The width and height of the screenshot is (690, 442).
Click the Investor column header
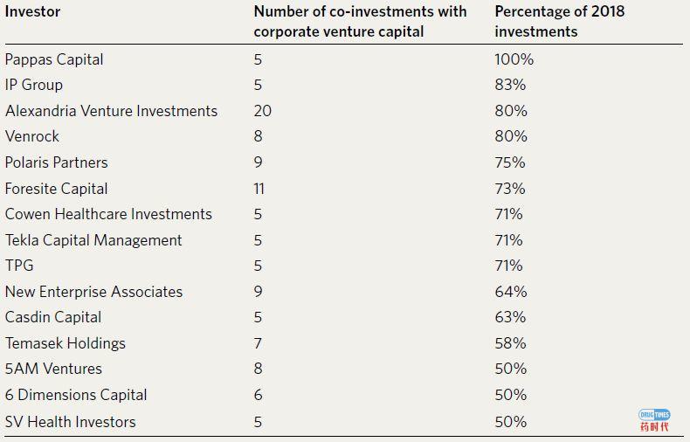point(33,12)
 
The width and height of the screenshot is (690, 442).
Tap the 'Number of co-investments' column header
point(360,22)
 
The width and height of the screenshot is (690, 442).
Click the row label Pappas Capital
point(54,59)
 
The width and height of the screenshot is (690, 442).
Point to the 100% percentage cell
point(514,59)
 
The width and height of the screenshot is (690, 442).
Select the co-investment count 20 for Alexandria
point(262,111)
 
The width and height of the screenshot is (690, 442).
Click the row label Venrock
point(32,136)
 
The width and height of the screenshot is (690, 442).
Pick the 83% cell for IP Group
point(510,85)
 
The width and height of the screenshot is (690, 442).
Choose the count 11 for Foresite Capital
point(259,189)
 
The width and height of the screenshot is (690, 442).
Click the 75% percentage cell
point(510,162)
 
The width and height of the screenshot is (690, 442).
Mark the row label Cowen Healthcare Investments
point(108,214)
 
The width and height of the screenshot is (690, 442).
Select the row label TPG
point(19,266)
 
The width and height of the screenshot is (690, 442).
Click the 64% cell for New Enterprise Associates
point(510,292)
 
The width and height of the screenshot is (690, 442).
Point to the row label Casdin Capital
point(53,317)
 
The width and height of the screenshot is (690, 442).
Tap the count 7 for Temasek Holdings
point(258,343)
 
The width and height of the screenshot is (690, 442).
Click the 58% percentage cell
point(510,343)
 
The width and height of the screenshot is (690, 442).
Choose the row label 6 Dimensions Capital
point(76,395)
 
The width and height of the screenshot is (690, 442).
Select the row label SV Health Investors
point(71,422)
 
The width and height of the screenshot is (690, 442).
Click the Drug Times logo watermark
point(654,420)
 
